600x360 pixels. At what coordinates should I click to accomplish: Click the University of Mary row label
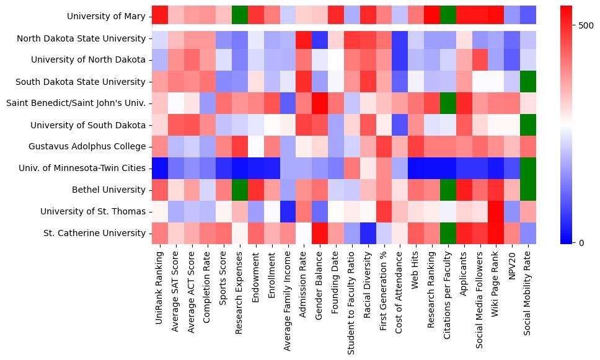point(106,17)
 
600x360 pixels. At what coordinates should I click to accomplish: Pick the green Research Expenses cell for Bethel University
point(240,190)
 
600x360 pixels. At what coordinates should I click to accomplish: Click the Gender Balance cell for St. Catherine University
point(320,233)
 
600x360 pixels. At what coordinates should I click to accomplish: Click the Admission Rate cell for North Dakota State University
point(304,39)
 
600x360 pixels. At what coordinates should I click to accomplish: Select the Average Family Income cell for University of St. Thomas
point(288,211)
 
